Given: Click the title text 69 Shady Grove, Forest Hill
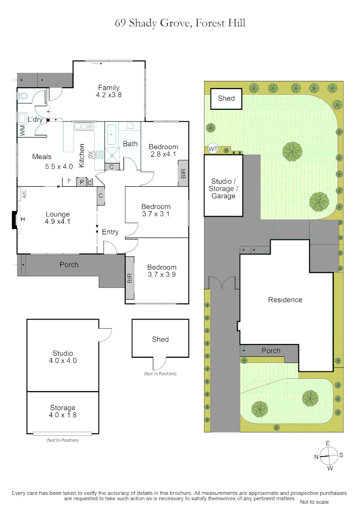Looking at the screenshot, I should point(180,23).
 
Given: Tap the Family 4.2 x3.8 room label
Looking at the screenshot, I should point(108,90).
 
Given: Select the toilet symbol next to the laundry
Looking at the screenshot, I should point(24,96).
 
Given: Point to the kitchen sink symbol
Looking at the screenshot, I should point(83,126).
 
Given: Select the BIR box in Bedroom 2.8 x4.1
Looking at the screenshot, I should point(182,173).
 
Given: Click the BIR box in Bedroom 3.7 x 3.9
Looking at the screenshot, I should point(130,278).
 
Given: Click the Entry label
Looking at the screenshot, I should point(110,232).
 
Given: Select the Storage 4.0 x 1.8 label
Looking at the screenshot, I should point(63,411).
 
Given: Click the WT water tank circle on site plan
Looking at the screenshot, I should point(213,149).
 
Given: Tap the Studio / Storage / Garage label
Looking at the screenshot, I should point(223,189).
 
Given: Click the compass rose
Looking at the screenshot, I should point(328,455).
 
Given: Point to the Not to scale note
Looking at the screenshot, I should point(314,501).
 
